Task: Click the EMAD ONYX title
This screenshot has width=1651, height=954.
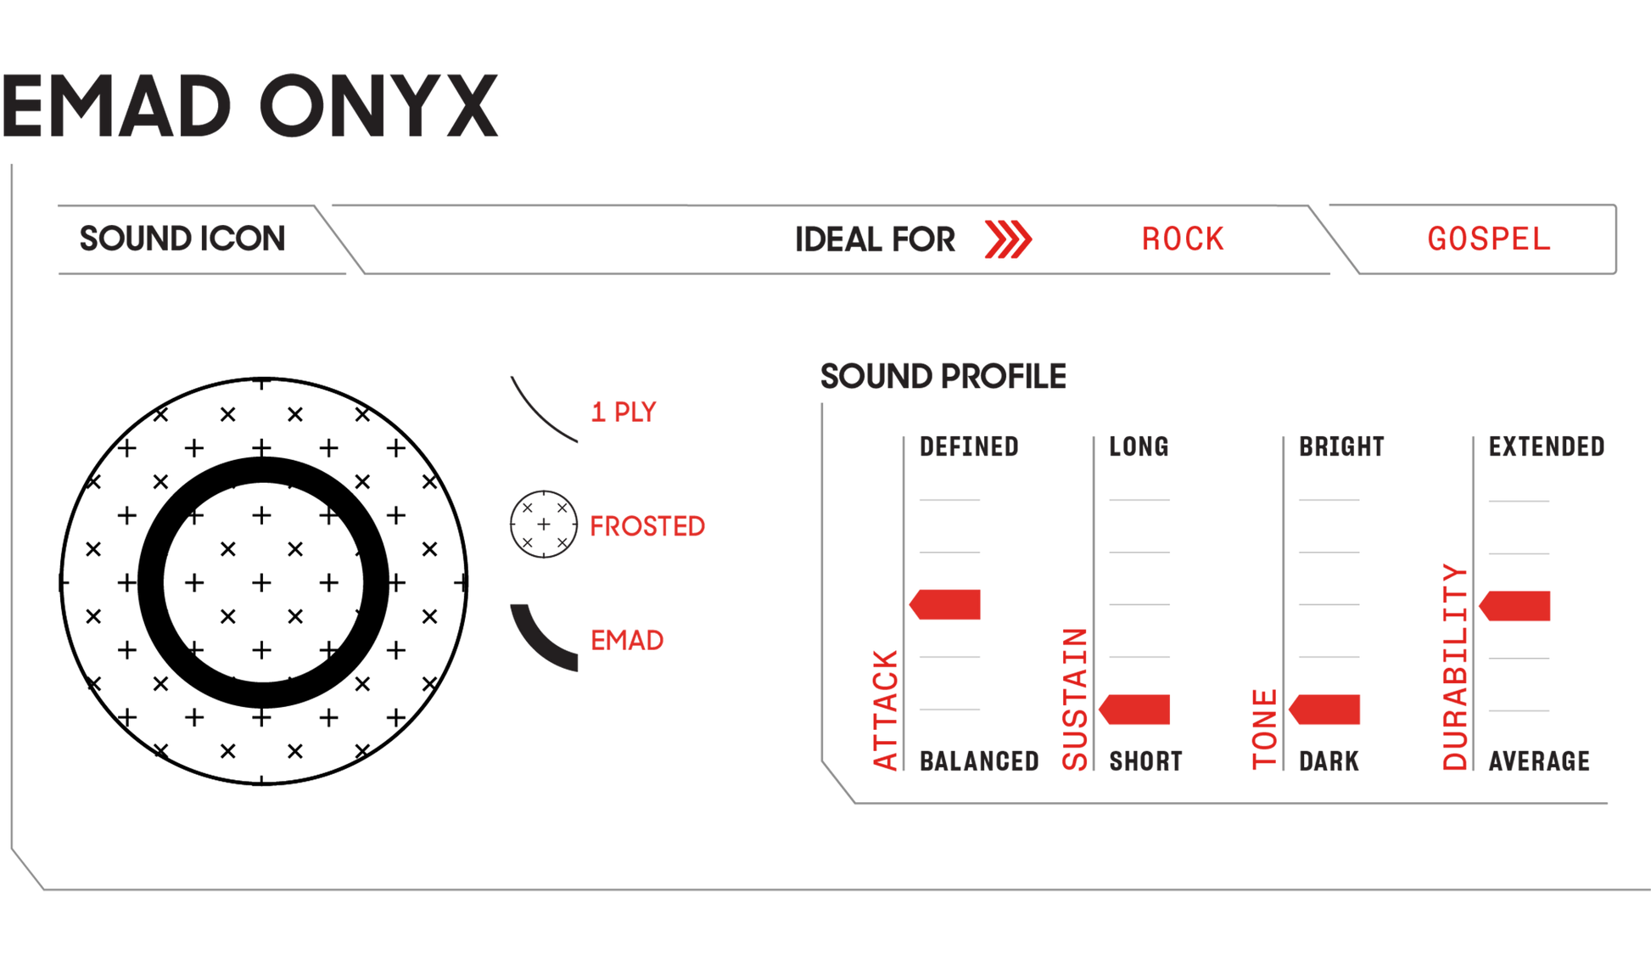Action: click(250, 106)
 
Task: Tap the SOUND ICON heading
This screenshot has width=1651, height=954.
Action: click(182, 238)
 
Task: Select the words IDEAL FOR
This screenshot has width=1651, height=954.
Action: click(875, 239)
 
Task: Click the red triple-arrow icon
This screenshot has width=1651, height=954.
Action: click(1008, 239)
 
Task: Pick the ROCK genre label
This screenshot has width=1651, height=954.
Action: click(1183, 238)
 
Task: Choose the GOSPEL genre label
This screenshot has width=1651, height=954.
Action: click(1488, 238)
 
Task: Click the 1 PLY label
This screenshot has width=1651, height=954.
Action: click(624, 412)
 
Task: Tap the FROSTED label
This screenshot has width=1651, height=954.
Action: click(647, 526)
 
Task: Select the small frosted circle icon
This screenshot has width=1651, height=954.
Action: click(543, 525)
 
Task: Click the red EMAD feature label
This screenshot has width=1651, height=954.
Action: click(627, 639)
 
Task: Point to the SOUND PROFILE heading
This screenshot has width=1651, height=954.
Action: click(943, 375)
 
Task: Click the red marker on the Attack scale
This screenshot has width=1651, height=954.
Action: click(946, 604)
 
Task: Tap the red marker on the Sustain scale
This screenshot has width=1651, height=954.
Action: click(1136, 710)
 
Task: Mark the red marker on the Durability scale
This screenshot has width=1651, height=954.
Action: click(1516, 606)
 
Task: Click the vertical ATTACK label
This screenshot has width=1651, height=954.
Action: click(885, 710)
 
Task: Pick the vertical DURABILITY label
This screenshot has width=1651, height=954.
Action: click(1454, 667)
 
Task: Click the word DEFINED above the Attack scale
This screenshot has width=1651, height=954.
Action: click(969, 446)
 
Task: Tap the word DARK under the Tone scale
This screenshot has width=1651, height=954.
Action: click(1329, 760)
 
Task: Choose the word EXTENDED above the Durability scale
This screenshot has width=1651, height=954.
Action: click(1546, 446)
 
